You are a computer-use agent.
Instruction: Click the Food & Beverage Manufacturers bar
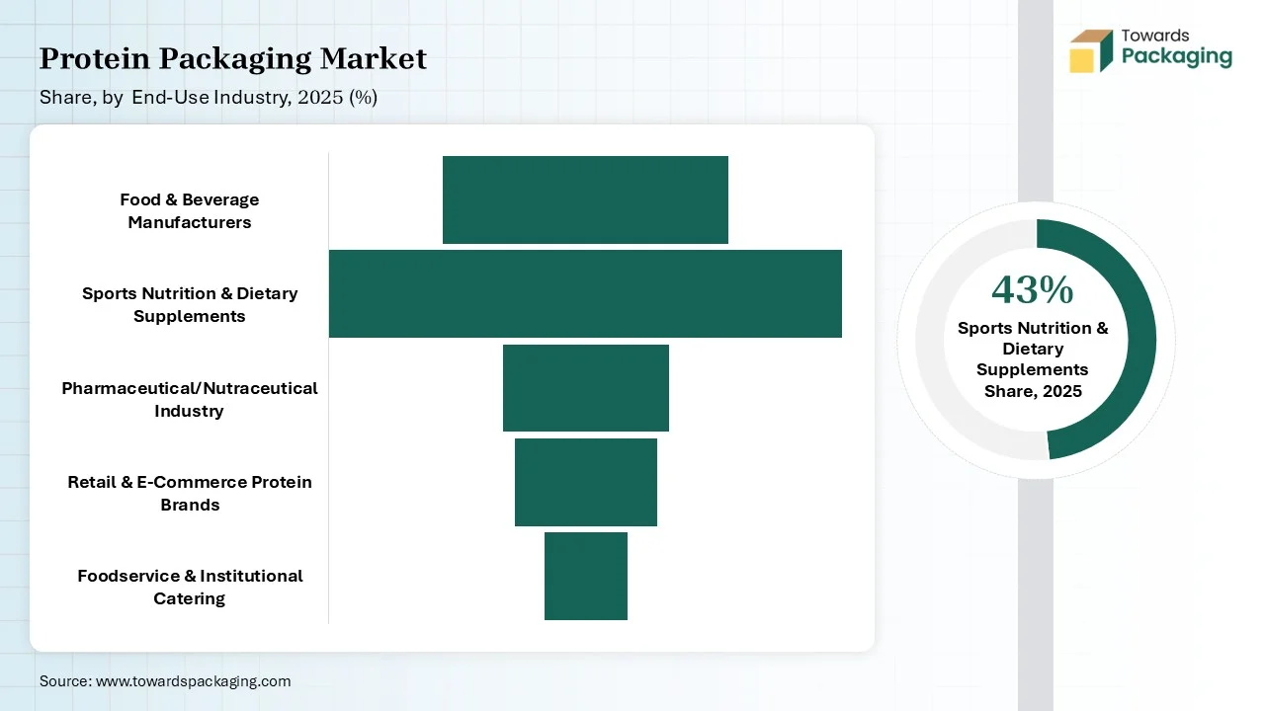[x=585, y=199]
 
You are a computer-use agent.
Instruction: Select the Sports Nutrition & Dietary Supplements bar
[x=585, y=293]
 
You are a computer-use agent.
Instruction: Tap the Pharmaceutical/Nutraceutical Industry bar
[x=586, y=388]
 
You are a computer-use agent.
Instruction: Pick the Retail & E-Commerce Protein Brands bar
[x=586, y=482]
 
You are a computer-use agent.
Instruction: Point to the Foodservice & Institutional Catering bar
[x=586, y=576]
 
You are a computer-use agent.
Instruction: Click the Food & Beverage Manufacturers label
[x=189, y=210]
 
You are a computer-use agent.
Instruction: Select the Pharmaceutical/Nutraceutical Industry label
[x=189, y=399]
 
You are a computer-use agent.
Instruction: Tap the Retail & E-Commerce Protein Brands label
[x=189, y=493]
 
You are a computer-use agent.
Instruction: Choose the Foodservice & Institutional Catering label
[x=189, y=587]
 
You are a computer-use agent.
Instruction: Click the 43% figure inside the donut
[x=1033, y=290]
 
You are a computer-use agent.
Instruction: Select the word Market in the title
[x=374, y=58]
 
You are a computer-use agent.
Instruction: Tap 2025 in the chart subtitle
[x=320, y=97]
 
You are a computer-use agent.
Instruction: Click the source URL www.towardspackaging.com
[x=193, y=681]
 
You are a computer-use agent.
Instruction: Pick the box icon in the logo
[x=1091, y=50]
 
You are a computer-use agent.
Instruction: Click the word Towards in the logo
[x=1155, y=36]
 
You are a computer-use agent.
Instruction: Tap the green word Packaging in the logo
[x=1177, y=57]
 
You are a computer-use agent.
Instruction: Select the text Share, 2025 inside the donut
[x=1033, y=391]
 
